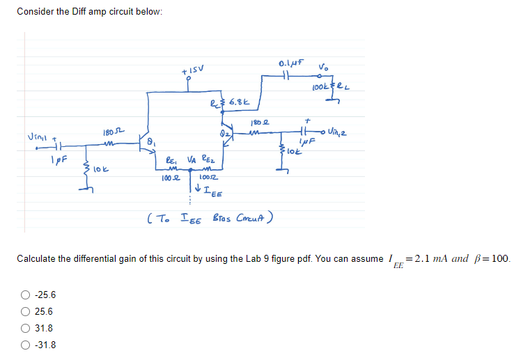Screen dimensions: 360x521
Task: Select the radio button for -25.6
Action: (x=24, y=295)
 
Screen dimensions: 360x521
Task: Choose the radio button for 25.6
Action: (x=24, y=312)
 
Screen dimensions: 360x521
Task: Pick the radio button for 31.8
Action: (x=24, y=328)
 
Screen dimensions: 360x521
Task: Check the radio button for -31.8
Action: (x=24, y=345)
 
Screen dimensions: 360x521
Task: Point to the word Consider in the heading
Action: (x=33, y=12)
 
